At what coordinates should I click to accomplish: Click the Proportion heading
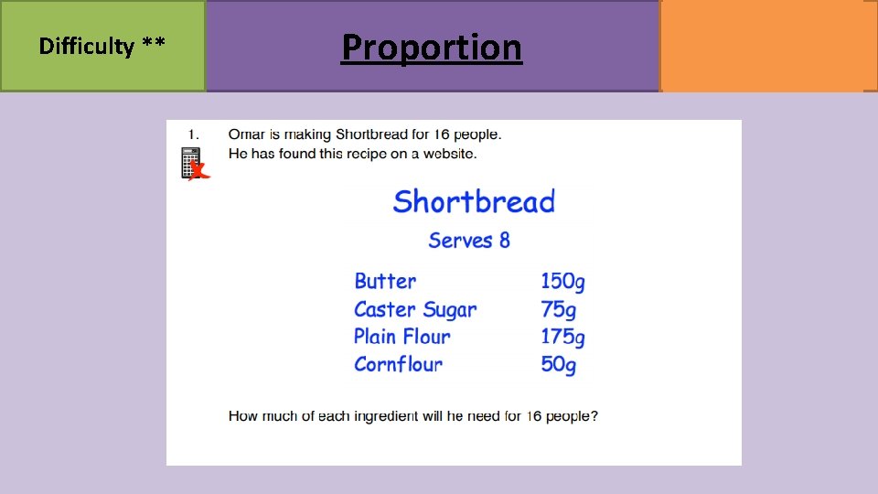point(431,47)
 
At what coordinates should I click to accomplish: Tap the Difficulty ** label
point(102,46)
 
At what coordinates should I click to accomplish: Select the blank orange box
point(767,46)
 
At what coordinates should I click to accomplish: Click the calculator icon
point(191,163)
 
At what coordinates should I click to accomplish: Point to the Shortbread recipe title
point(474,201)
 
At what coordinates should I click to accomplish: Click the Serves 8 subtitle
point(469,241)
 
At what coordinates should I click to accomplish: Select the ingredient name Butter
point(385,282)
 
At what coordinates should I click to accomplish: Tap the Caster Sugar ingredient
point(415,309)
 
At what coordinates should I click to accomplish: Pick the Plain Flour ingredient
point(402,337)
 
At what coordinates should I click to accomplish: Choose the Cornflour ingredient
point(398,364)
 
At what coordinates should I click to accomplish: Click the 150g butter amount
point(562,282)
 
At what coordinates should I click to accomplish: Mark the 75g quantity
point(558,309)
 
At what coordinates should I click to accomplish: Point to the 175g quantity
point(562,337)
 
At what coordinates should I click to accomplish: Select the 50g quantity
point(558,364)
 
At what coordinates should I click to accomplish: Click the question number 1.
point(194,134)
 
